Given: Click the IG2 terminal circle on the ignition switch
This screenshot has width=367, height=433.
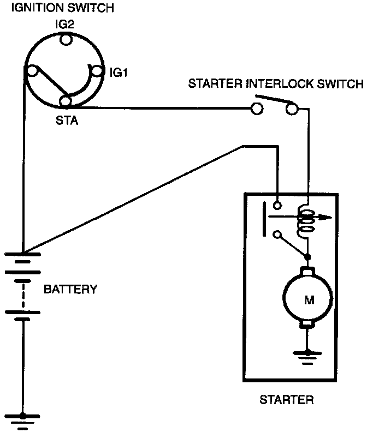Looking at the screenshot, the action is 66,39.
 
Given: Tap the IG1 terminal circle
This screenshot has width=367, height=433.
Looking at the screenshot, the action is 97,71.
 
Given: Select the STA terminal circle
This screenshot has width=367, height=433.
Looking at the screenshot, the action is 66,101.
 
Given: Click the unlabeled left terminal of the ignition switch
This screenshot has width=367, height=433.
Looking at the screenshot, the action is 32,71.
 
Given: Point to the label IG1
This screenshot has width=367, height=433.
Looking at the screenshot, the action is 119,73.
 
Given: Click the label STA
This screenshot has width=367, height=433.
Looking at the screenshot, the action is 67,121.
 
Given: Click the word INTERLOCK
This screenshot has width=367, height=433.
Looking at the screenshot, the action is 279,83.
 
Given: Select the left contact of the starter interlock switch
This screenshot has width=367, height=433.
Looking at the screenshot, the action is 257,109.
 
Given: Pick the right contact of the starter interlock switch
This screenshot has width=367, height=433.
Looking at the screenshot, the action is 292,109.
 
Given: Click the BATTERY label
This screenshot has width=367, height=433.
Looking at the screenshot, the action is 70,290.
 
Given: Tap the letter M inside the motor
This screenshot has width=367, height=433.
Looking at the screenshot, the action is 309,299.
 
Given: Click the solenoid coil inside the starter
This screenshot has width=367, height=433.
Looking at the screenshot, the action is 305,222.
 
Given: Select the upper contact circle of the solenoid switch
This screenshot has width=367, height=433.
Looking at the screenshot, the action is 277,205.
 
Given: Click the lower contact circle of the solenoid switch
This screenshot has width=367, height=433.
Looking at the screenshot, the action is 277,234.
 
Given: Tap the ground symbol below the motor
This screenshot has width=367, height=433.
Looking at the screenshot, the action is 307,358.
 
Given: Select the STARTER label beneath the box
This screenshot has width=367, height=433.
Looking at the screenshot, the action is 287,400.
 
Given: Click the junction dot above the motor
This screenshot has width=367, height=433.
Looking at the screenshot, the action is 307,257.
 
